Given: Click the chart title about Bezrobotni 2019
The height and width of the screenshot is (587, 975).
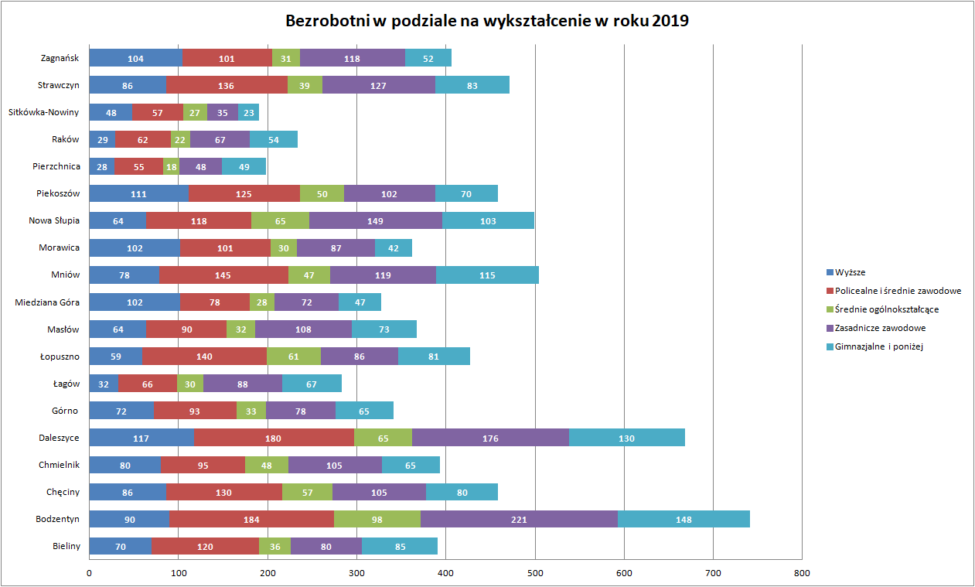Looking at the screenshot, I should click(487, 21).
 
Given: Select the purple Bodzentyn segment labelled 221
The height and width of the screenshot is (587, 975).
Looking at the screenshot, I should click(519, 519).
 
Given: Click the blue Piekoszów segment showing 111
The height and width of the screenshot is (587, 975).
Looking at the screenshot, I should click(138, 193).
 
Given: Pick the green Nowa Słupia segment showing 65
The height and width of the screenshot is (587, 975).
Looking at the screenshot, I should click(280, 220).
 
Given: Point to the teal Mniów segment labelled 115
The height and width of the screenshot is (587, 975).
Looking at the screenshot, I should click(487, 275).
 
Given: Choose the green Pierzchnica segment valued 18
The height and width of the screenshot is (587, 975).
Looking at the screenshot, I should click(171, 166).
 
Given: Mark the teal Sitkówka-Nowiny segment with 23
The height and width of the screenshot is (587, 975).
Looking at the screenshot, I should click(248, 112).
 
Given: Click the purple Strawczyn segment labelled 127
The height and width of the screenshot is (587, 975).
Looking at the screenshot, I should click(378, 85).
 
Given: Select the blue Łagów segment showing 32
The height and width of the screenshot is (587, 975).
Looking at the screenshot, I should click(104, 384).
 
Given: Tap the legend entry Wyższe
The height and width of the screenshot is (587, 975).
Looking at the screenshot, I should click(850, 272).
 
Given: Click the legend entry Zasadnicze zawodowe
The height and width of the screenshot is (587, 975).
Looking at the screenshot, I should click(880, 328).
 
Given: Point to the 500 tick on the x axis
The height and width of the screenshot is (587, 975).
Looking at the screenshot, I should click(535, 573).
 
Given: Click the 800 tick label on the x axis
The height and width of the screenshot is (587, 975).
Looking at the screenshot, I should click(802, 573).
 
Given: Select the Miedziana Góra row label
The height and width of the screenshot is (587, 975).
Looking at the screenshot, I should click(47, 302).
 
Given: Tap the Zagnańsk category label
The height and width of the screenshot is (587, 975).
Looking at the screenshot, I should click(60, 57).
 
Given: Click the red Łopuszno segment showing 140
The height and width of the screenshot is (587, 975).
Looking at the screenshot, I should click(204, 357).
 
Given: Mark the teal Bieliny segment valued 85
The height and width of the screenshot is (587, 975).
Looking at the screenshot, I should click(399, 546).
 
